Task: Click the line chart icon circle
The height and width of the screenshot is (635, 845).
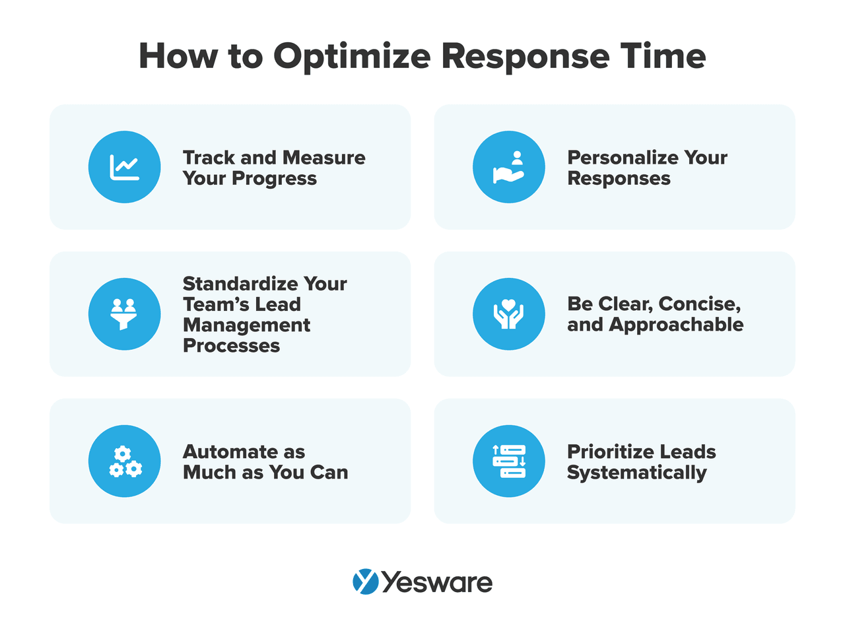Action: (125, 167)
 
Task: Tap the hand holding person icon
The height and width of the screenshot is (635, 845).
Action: (509, 167)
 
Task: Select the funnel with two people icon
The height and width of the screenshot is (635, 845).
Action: (125, 314)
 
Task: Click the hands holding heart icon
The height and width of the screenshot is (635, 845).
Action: (509, 314)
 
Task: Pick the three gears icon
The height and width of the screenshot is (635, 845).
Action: (125, 461)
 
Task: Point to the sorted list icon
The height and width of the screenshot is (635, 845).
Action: (509, 461)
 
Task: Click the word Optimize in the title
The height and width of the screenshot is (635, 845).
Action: (352, 57)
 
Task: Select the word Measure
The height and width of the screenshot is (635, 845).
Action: (323, 158)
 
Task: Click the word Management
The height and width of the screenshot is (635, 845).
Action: (246, 325)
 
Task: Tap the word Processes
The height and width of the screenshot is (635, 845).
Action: (231, 346)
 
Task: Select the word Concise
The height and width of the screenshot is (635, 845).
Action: (699, 304)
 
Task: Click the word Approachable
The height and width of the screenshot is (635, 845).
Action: (676, 325)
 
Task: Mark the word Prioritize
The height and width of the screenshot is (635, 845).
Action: (614, 452)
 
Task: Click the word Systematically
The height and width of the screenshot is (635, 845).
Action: (636, 473)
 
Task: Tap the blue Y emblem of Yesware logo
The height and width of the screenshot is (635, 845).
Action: (366, 582)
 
